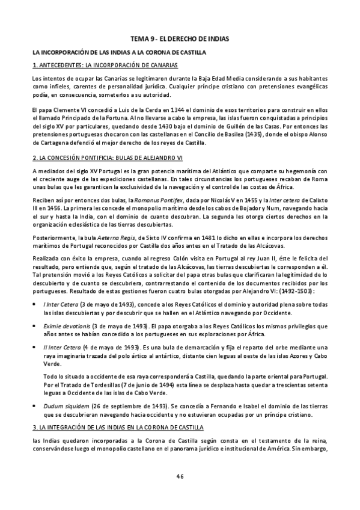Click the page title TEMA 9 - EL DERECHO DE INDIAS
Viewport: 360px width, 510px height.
tap(180, 38)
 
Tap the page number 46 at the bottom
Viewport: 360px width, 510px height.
tap(180, 476)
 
